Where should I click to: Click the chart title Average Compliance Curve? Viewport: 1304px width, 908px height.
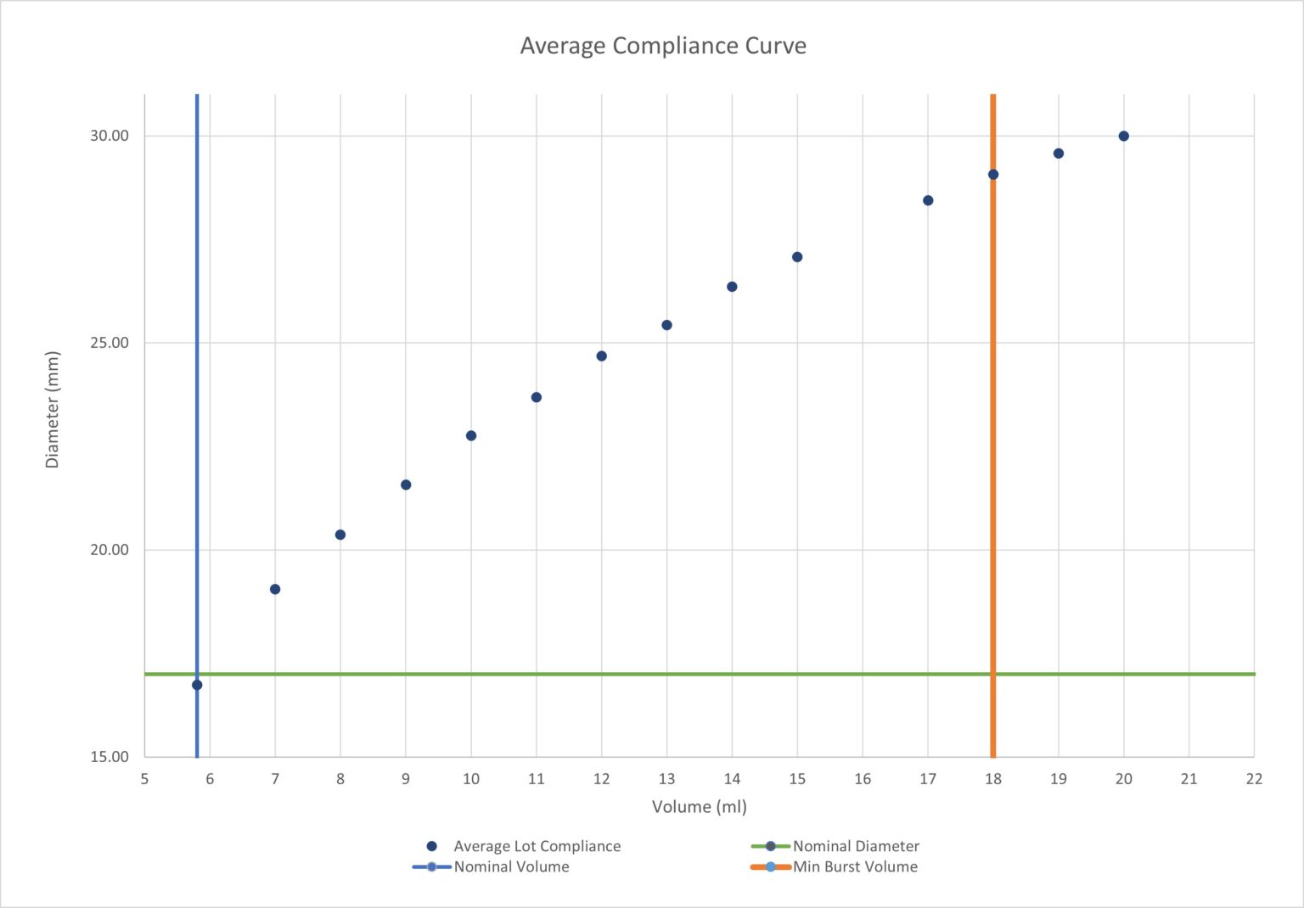click(663, 46)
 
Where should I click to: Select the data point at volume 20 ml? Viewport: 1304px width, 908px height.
click(1123, 136)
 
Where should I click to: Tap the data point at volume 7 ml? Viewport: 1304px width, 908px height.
click(275, 589)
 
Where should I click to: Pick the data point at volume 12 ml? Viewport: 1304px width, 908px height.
click(601, 356)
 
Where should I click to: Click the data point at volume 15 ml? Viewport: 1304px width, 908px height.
click(797, 257)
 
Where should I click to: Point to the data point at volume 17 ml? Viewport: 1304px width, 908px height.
click(928, 200)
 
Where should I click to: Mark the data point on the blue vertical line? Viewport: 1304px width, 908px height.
click(197, 685)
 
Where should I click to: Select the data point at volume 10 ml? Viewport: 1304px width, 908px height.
click(471, 435)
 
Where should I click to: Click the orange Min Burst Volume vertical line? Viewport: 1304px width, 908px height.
click(992, 424)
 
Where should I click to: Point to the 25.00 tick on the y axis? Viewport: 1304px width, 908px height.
click(110, 343)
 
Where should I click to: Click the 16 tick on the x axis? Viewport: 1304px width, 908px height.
click(863, 779)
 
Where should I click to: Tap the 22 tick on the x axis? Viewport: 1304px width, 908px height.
click(1254, 779)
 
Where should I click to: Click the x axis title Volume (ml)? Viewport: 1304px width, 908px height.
click(699, 806)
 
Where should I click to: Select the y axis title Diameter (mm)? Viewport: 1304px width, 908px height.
click(53, 409)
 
